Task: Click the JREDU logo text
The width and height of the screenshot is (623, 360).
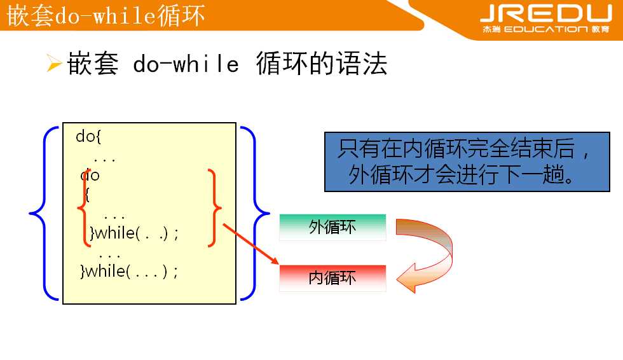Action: click(x=545, y=13)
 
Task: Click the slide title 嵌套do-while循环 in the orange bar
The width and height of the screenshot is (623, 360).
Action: click(x=106, y=16)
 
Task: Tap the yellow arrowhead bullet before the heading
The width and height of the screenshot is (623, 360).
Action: click(x=53, y=64)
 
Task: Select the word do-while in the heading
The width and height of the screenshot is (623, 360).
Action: click(x=186, y=64)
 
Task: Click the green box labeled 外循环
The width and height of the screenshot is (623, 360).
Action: click(x=332, y=227)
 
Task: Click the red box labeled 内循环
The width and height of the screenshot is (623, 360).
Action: click(x=332, y=279)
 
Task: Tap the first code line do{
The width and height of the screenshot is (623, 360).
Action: click(x=88, y=136)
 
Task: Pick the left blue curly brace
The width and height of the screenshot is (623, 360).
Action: click(x=39, y=212)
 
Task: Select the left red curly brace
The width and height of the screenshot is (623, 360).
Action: click(x=83, y=207)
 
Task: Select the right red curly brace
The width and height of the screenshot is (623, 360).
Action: click(x=214, y=207)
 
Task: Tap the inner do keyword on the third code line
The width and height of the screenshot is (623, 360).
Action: click(x=90, y=175)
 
